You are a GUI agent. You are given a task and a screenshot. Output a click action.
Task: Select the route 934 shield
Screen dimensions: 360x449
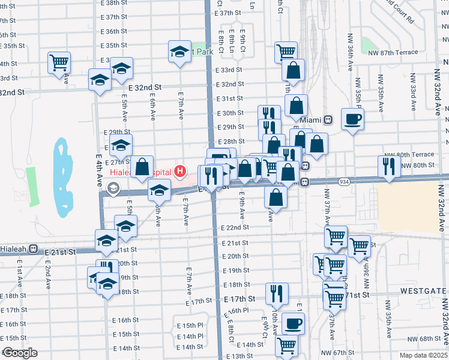(x=343, y=181)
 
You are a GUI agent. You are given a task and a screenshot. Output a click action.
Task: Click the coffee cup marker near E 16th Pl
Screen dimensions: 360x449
(x=293, y=323)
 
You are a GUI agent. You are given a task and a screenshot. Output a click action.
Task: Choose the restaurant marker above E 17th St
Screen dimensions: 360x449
(x=276, y=293)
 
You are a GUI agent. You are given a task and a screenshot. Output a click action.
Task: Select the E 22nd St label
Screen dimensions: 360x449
(x=234, y=228)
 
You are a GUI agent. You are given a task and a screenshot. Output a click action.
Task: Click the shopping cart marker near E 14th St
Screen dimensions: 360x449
(x=287, y=345)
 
